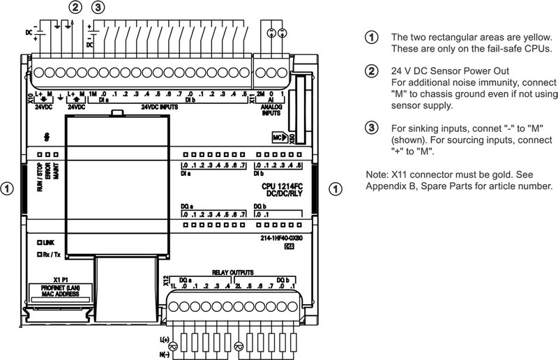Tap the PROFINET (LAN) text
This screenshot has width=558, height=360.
tap(54, 287)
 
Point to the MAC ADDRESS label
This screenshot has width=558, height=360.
tap(54, 294)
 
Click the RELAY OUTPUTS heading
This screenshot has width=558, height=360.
tap(232, 271)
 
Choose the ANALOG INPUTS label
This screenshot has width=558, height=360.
tap(271, 109)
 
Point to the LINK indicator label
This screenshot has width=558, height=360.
tap(49, 241)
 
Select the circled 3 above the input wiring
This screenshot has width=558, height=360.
tap(99, 8)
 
